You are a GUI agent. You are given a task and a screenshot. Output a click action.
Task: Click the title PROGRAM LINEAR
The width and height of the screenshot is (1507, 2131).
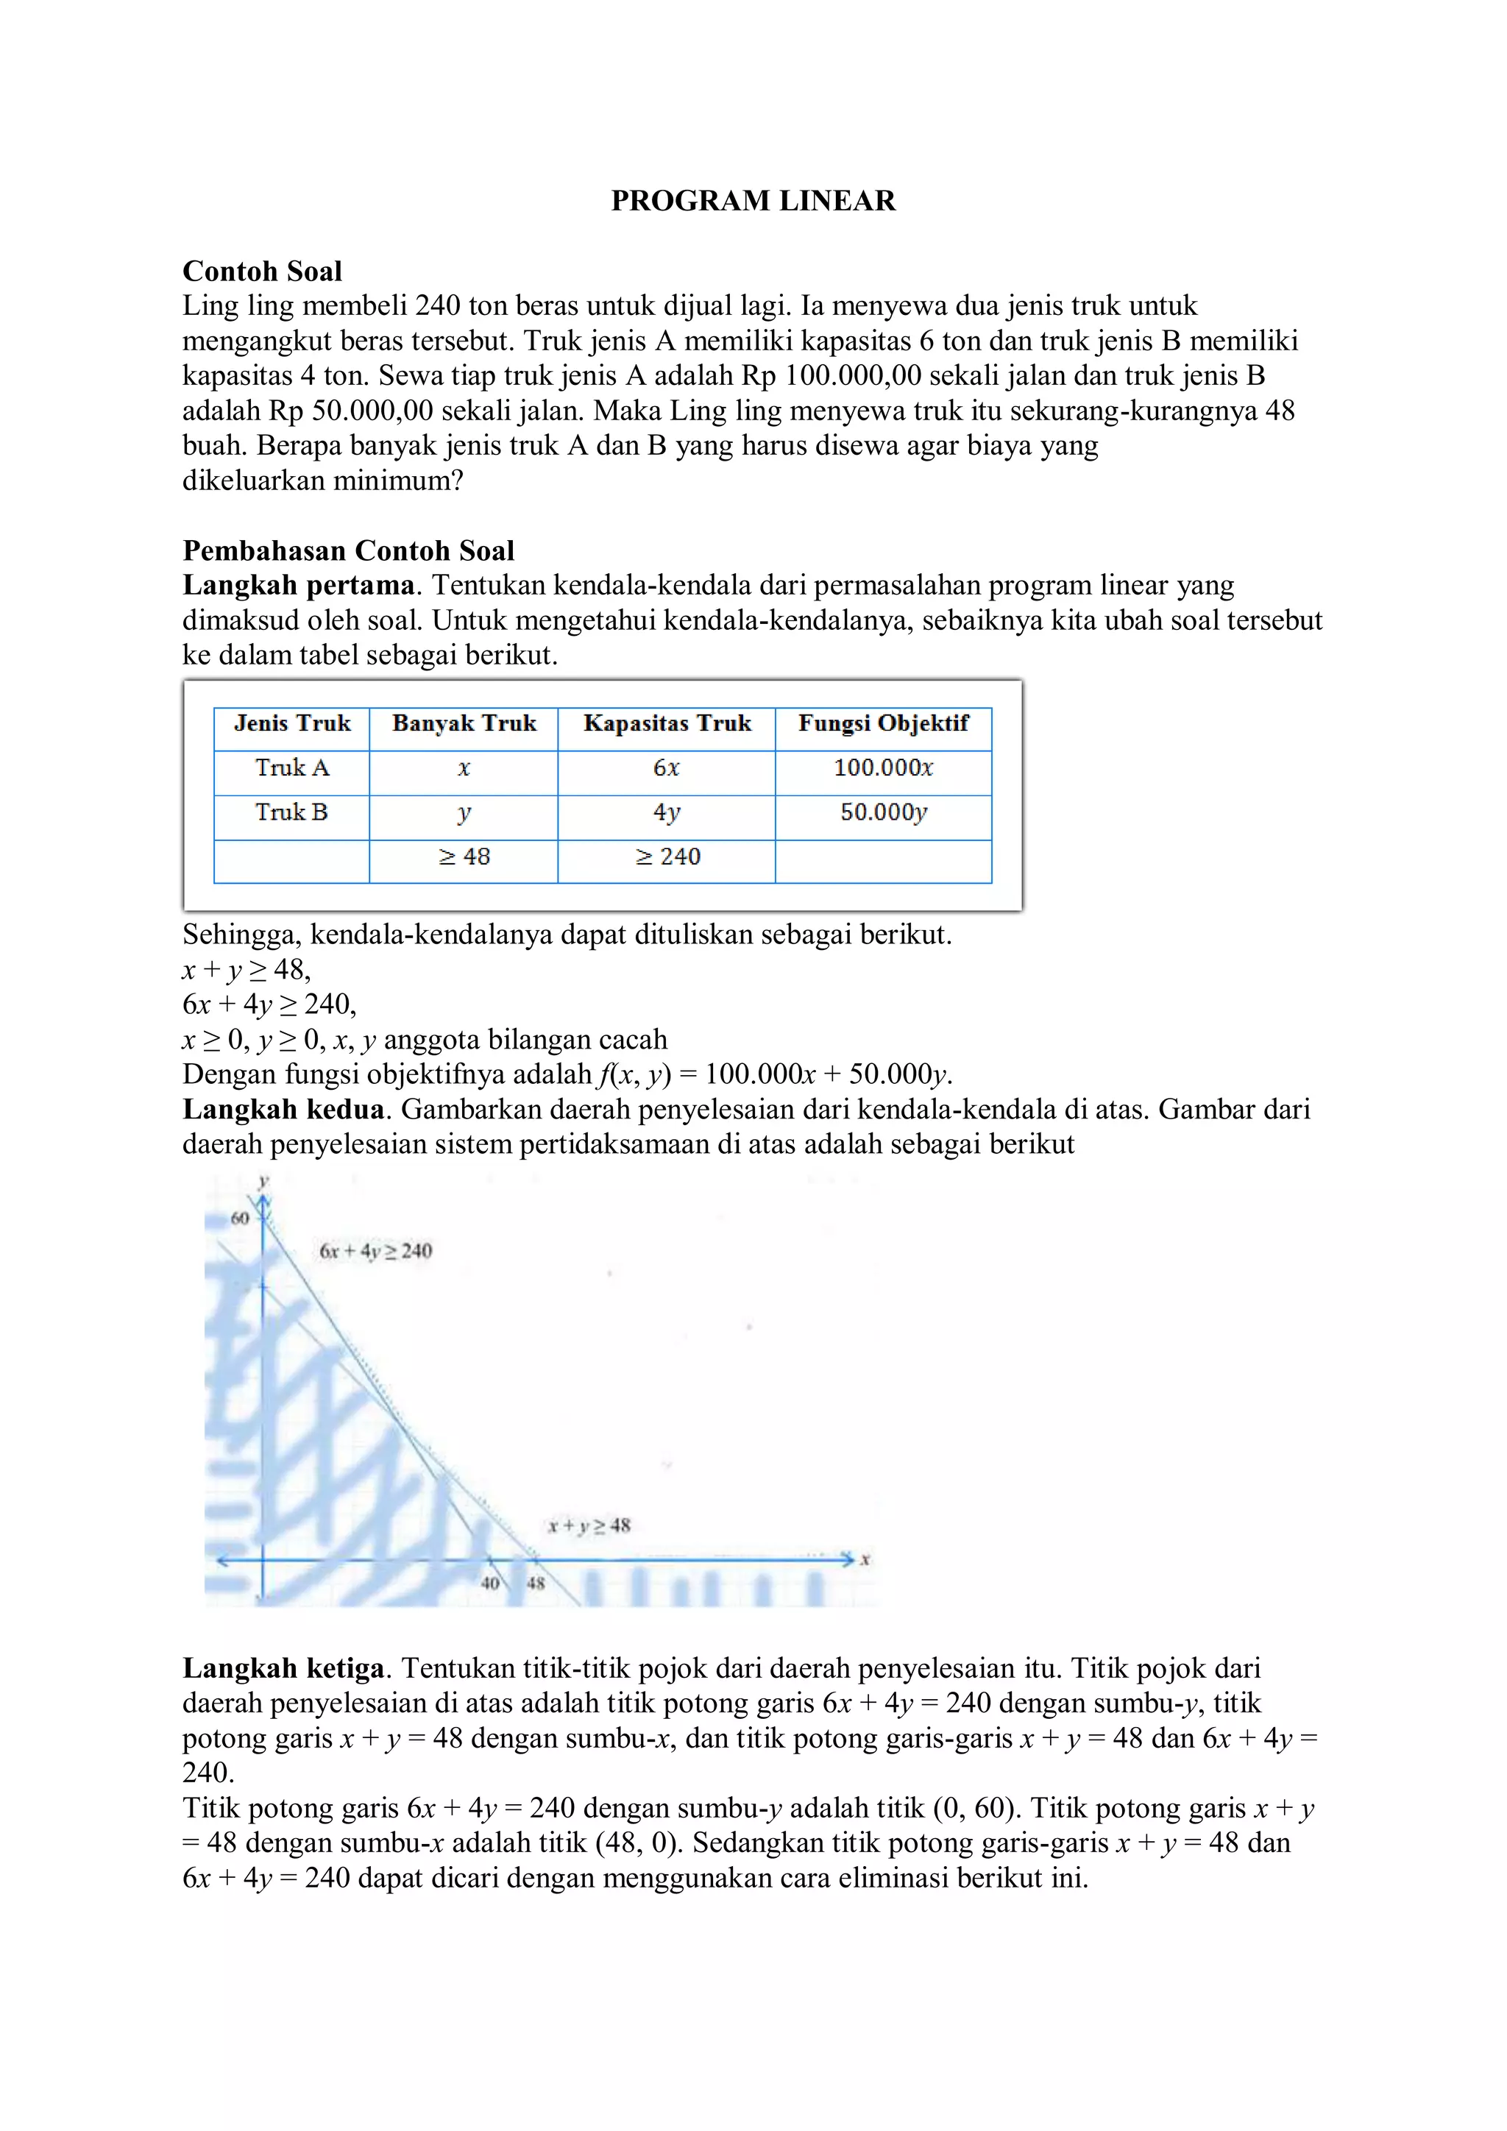753,200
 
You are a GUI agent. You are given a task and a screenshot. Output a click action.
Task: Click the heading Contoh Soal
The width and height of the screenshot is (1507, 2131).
262,271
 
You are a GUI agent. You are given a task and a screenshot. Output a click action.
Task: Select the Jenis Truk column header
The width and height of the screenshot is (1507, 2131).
291,723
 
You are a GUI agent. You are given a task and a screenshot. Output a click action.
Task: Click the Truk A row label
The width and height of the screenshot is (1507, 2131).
291,767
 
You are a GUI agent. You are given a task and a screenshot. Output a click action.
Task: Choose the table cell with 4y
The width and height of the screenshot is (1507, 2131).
666,812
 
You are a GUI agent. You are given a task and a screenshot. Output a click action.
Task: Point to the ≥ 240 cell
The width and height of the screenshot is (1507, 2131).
666,857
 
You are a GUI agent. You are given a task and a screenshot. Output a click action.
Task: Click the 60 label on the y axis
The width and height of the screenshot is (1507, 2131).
239,1219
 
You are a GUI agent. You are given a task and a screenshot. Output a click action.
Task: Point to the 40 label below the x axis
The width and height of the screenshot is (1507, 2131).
490,1584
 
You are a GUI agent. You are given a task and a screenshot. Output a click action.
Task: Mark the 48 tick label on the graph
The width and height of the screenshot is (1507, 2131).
536,1584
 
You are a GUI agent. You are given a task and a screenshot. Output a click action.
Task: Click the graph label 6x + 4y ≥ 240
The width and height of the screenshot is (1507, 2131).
376,1251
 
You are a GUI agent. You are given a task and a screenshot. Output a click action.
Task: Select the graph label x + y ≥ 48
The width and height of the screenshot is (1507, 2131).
589,1525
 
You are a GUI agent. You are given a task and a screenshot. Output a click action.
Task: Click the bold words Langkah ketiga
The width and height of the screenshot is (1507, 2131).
283,1668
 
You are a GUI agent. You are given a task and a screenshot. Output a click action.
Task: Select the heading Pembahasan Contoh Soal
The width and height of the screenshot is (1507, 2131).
348,550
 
